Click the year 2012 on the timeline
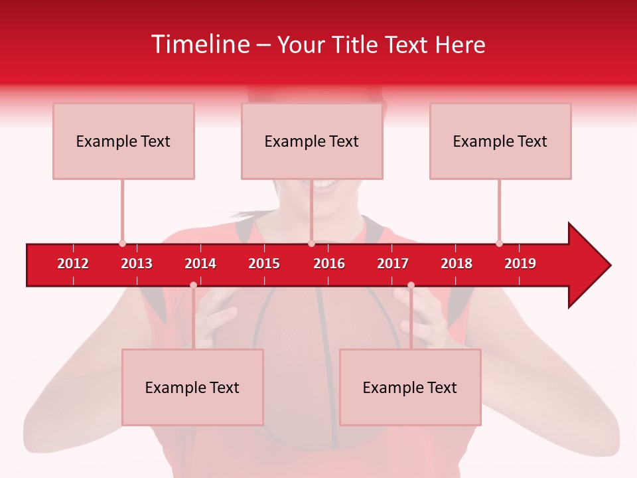[x=73, y=264]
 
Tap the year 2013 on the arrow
[x=137, y=264]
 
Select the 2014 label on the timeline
[x=200, y=264]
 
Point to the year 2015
[x=264, y=264]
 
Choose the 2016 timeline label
[x=329, y=264]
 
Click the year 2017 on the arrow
[x=393, y=264]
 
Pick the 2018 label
[x=457, y=264]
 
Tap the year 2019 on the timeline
[x=520, y=264]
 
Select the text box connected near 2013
[x=123, y=141]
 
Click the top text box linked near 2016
[x=312, y=141]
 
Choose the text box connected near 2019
[x=500, y=141]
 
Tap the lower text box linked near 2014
[x=192, y=387]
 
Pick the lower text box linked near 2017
[x=410, y=387]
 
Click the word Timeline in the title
[x=200, y=44]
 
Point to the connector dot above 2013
[x=122, y=243]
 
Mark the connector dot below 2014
[x=193, y=285]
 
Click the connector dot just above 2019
[x=499, y=243]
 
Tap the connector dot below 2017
[x=411, y=285]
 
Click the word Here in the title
[x=460, y=44]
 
